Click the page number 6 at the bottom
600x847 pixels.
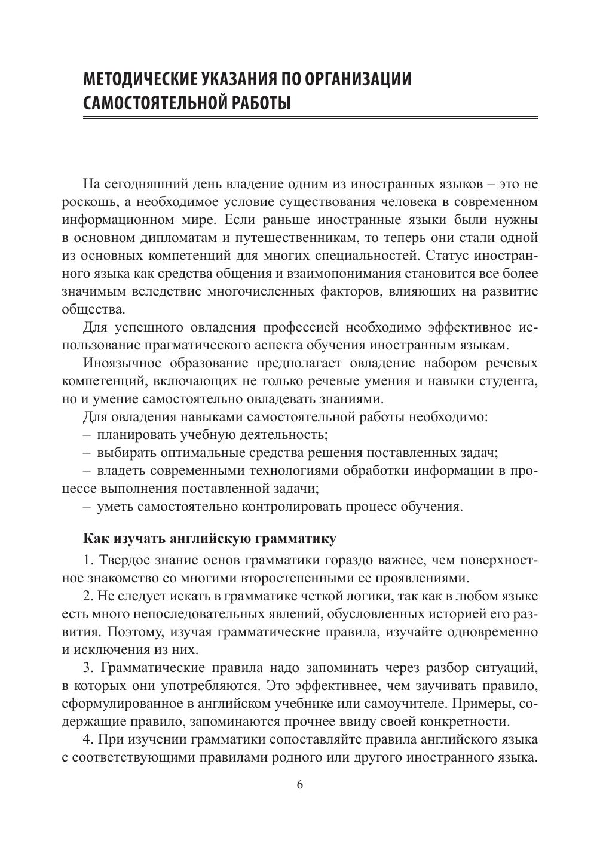tap(300, 785)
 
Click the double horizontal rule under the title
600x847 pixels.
tap(310, 119)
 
